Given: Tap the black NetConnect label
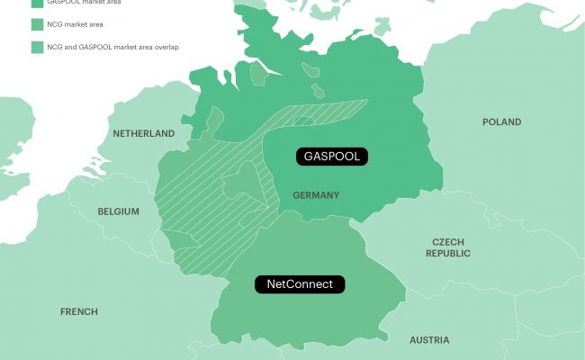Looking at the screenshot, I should (300, 284).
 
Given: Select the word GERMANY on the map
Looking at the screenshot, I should (316, 194).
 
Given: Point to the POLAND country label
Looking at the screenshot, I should (501, 122).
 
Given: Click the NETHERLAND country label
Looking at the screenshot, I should (143, 133).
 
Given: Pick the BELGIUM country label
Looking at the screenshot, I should (118, 211).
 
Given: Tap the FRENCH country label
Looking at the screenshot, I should (79, 311).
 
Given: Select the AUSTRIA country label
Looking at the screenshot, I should (429, 340).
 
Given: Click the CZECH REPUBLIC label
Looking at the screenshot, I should (449, 248).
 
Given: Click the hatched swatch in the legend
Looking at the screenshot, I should (36, 47).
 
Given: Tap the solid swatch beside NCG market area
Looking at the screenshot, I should (36, 24).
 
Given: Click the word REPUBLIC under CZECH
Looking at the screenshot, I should (449, 254).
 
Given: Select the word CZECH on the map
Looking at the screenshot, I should (449, 242).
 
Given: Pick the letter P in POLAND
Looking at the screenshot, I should (486, 122).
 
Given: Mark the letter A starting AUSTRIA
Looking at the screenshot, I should (413, 340).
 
